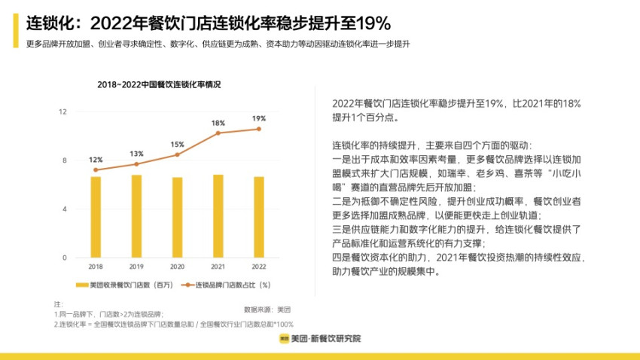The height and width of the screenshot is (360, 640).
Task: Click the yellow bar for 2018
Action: [96, 217]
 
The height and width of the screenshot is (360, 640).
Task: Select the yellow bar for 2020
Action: [177, 217]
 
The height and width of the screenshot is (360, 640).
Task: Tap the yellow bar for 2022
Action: [258, 217]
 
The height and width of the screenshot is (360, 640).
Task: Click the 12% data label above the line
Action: [96, 160]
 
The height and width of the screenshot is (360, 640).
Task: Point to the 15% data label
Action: [177, 145]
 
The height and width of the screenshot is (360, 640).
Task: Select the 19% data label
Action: [258, 118]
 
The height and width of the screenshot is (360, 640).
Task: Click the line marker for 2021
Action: [218, 133]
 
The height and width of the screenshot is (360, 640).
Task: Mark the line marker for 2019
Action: [136, 164]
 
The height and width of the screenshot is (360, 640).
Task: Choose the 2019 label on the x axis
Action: [136, 267]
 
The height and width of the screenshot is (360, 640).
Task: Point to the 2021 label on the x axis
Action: [218, 267]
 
